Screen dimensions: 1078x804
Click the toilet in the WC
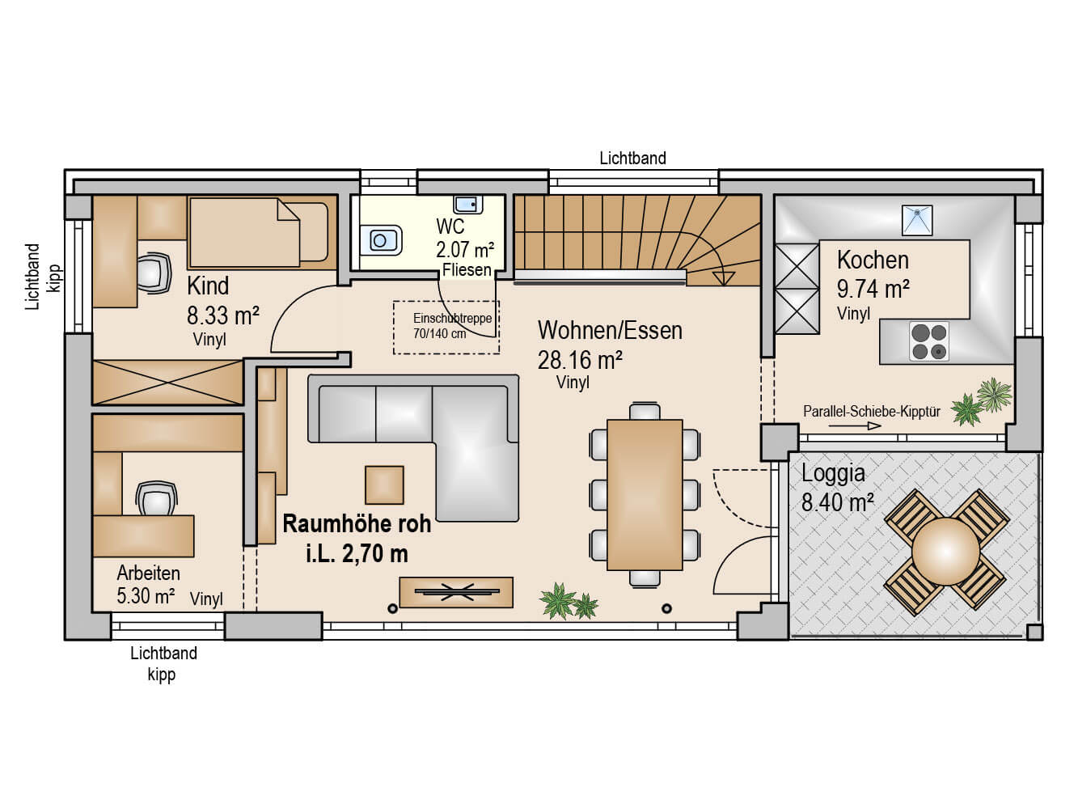pos(381,240)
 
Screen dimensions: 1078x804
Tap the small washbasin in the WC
pos(467,203)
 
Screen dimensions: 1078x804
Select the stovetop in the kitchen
pos(928,341)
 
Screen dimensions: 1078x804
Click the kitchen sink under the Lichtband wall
pos(916,221)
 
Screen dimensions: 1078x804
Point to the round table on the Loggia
pos(945,551)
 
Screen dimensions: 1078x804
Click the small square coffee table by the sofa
pos(384,485)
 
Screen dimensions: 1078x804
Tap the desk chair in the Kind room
pos(153,273)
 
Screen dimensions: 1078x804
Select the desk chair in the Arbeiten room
pos(156,498)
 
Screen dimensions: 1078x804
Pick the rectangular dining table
pos(645,494)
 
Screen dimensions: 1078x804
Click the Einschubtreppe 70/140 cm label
pos(452,326)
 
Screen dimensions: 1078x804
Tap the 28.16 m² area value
pos(580,361)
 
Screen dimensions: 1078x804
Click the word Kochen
pos(873,260)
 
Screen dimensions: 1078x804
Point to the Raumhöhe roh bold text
pos(357,524)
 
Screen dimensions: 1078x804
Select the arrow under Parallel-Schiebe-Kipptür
pos(855,425)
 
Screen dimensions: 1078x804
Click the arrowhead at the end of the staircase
pos(723,278)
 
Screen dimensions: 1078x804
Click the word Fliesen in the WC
pos(467,269)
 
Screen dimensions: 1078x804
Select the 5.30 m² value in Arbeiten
pos(146,596)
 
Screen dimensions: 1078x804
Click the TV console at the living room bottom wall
pos(456,592)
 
